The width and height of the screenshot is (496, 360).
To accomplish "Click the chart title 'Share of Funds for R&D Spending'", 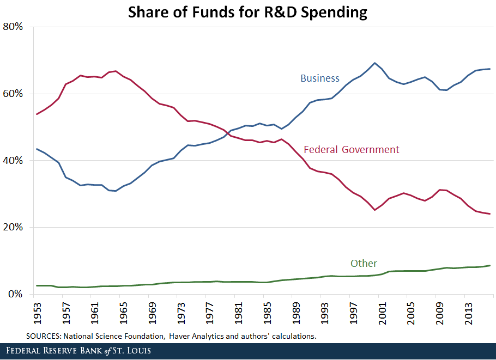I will [x=247, y=12].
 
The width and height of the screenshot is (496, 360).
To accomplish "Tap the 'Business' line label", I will [x=320, y=78].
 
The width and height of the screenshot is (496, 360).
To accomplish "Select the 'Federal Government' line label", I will [x=351, y=150].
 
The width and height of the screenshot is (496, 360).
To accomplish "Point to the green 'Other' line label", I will [x=364, y=264].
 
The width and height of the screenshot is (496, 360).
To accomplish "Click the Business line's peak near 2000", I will [x=374, y=63].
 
